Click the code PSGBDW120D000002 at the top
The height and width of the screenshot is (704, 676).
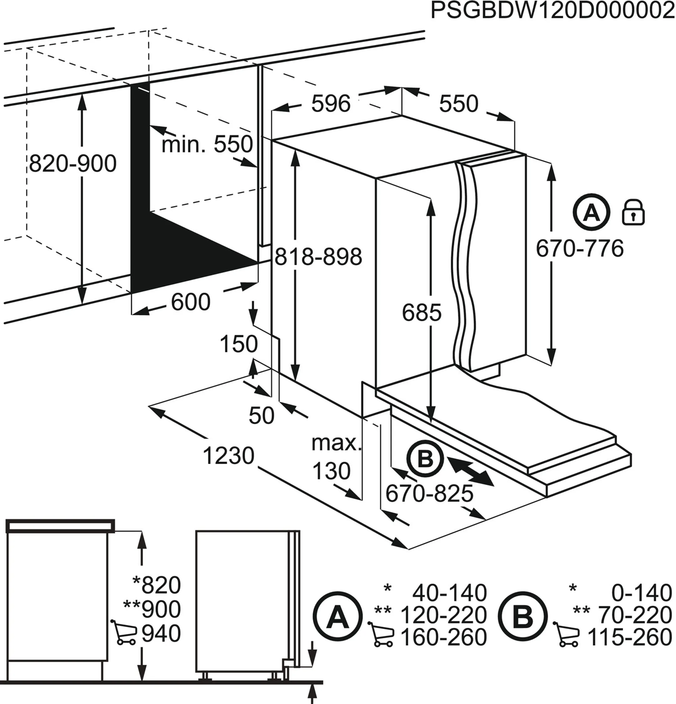552,11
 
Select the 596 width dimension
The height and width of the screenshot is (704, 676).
330,104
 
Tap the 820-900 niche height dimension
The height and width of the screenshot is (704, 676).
73,164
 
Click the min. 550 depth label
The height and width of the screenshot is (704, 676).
207,144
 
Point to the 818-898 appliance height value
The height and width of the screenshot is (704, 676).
318,257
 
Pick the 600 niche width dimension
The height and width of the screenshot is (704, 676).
190,302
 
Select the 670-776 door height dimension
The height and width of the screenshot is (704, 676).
580,248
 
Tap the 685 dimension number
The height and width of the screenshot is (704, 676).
421,313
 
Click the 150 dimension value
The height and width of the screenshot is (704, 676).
238,344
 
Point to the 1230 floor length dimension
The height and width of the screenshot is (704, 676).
228,456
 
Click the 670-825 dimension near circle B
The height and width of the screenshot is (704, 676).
429,493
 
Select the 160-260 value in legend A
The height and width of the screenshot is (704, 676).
443,637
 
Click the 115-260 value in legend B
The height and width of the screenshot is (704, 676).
629,637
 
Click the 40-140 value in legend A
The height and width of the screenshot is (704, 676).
449,593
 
